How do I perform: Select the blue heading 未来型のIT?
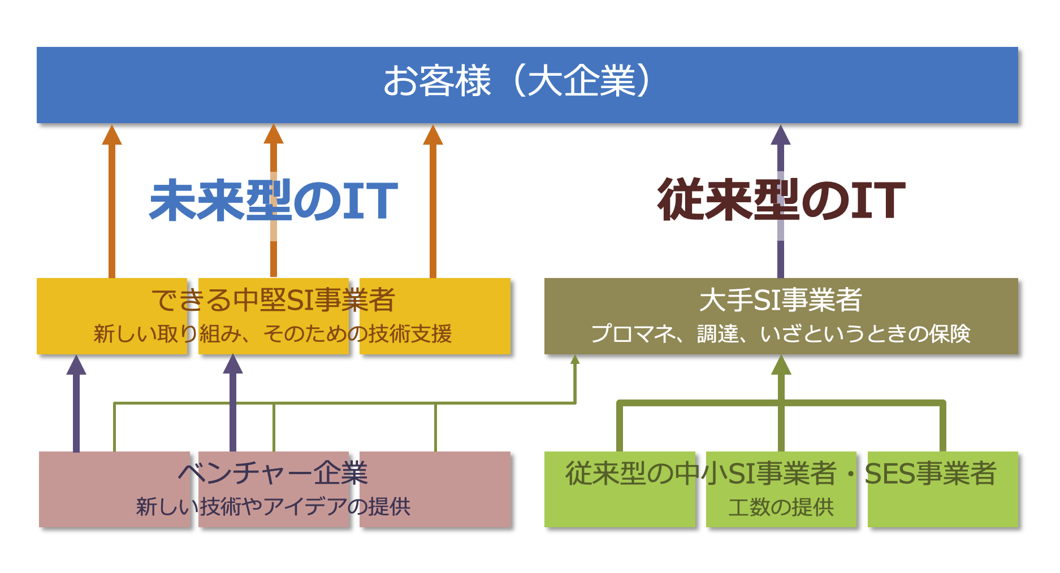coord(274,201)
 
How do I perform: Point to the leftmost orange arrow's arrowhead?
coord(112,134)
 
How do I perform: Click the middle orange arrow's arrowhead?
coord(274,134)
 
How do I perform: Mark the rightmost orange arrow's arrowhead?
coord(433,134)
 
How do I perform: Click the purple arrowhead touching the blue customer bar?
coord(781,134)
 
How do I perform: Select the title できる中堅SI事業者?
coord(274,299)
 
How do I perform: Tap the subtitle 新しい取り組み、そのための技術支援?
coord(272,333)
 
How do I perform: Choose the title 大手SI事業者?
coord(781,299)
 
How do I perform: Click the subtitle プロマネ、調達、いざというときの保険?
coord(781,333)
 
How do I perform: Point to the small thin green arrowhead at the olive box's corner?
coord(575,359)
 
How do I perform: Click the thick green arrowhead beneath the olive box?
coord(781,365)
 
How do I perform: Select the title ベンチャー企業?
coord(274,473)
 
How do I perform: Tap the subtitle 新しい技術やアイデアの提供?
coord(274,506)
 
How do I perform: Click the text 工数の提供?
coord(781,507)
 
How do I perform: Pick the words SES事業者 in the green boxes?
coord(931,474)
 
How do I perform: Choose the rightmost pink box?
coord(435,489)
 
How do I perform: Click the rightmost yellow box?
coord(435,316)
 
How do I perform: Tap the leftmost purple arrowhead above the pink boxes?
coord(76,364)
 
